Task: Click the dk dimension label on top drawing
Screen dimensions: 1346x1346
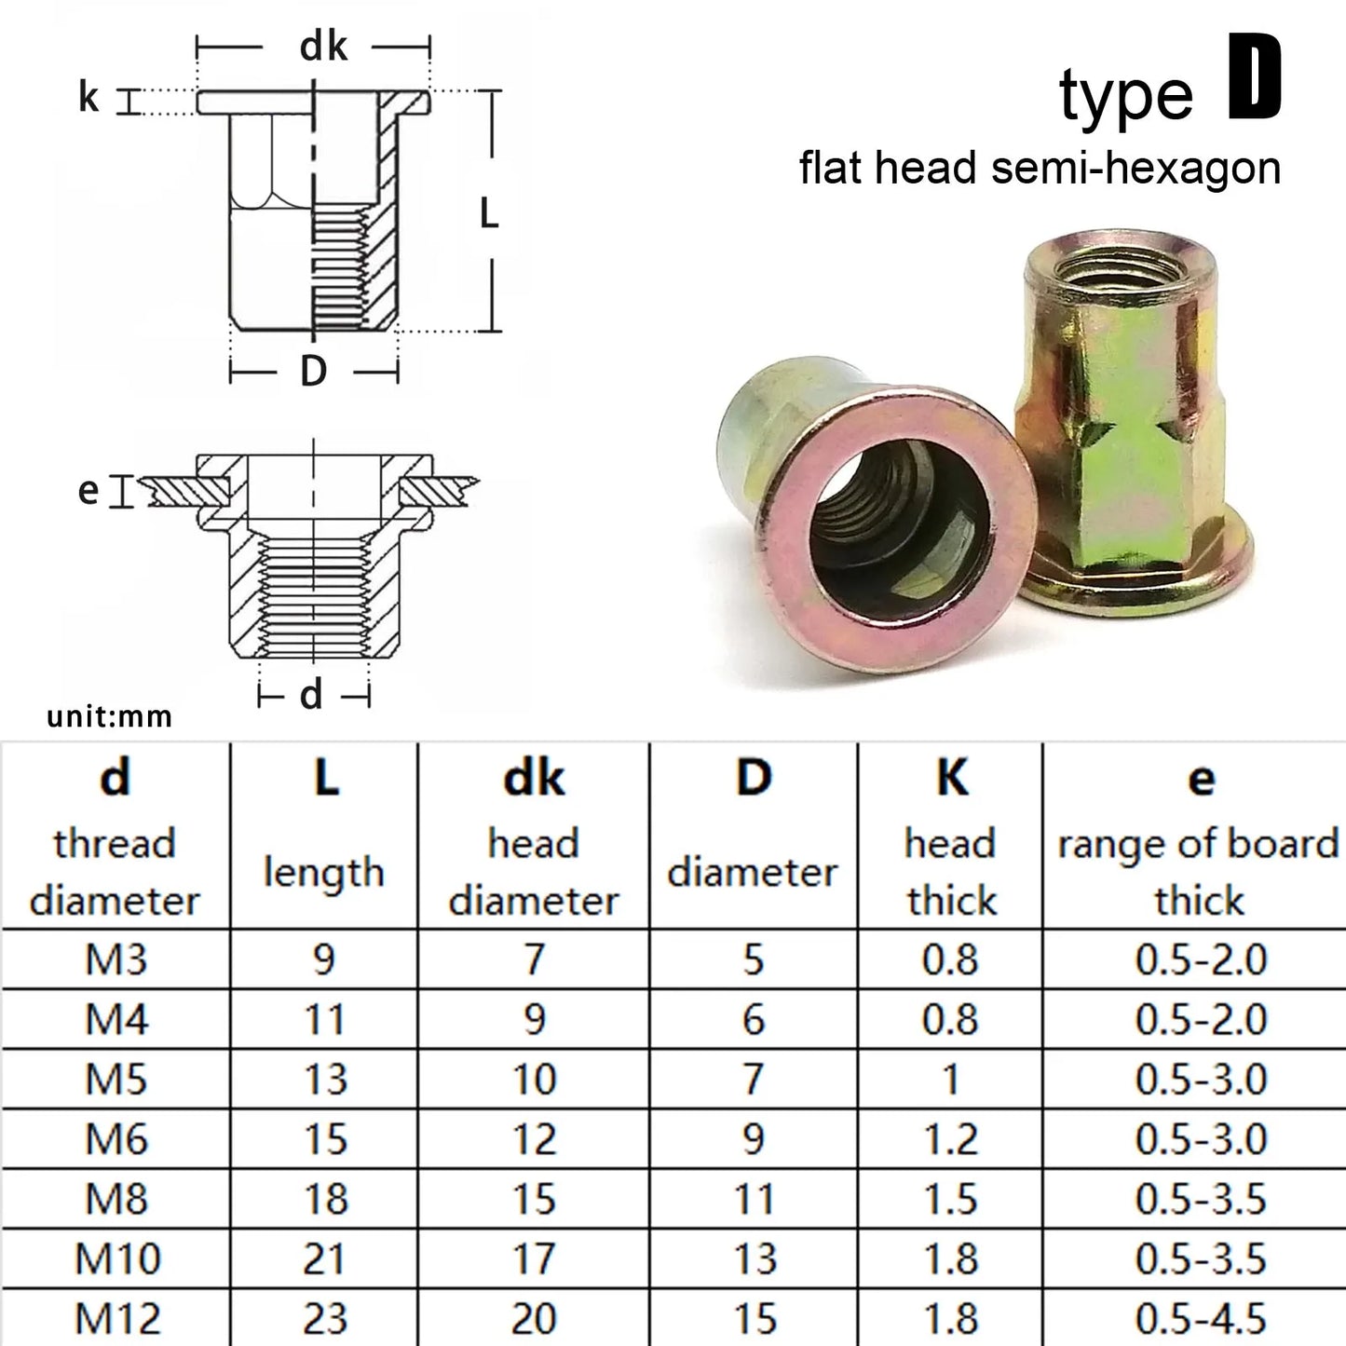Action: [322, 46]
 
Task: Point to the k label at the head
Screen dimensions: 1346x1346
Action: [88, 97]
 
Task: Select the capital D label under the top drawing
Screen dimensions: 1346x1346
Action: [314, 372]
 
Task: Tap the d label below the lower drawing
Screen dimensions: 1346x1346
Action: [311, 694]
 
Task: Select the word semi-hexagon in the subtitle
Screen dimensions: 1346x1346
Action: [1135, 169]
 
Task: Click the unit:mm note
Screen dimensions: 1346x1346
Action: [109, 716]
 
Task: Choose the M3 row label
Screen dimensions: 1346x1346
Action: [116, 959]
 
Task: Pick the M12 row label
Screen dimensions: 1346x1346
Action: [117, 1318]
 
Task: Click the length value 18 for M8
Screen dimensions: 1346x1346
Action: [325, 1199]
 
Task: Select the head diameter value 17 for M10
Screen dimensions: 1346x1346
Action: [534, 1258]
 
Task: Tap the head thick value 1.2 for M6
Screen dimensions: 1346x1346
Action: [950, 1139]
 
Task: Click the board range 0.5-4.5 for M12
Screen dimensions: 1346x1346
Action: [1201, 1318]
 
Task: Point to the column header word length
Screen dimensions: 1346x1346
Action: [323, 873]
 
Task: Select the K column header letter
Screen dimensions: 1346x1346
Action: [952, 776]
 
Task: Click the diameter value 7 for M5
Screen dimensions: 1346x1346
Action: [753, 1079]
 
